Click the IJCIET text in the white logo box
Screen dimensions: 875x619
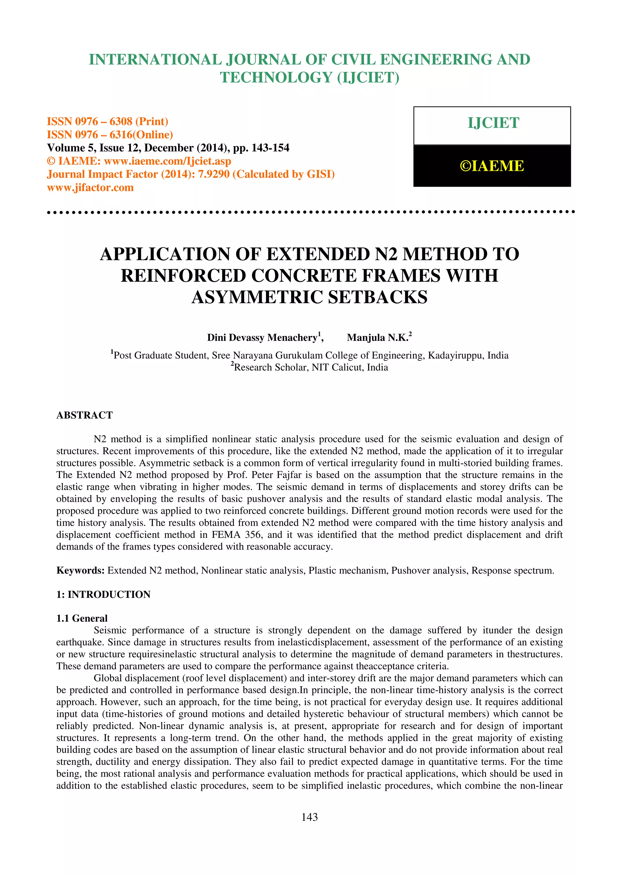click(x=493, y=123)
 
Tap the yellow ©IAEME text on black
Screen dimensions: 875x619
click(x=492, y=166)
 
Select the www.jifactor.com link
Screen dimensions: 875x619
click(x=90, y=187)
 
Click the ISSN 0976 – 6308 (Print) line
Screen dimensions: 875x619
click(x=108, y=122)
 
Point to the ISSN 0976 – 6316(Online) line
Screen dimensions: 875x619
click(x=110, y=135)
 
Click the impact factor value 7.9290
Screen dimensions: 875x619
click(x=214, y=174)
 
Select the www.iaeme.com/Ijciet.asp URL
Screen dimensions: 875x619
click(x=167, y=161)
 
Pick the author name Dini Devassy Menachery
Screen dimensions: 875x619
click(x=262, y=338)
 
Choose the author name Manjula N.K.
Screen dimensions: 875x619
click(x=377, y=338)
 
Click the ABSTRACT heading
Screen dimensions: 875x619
click(x=85, y=415)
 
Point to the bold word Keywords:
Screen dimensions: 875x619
click(x=80, y=571)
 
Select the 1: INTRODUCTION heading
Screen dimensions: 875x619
click(x=103, y=595)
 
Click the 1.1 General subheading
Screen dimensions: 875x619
click(x=82, y=618)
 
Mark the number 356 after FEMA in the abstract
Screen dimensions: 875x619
click(x=253, y=535)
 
